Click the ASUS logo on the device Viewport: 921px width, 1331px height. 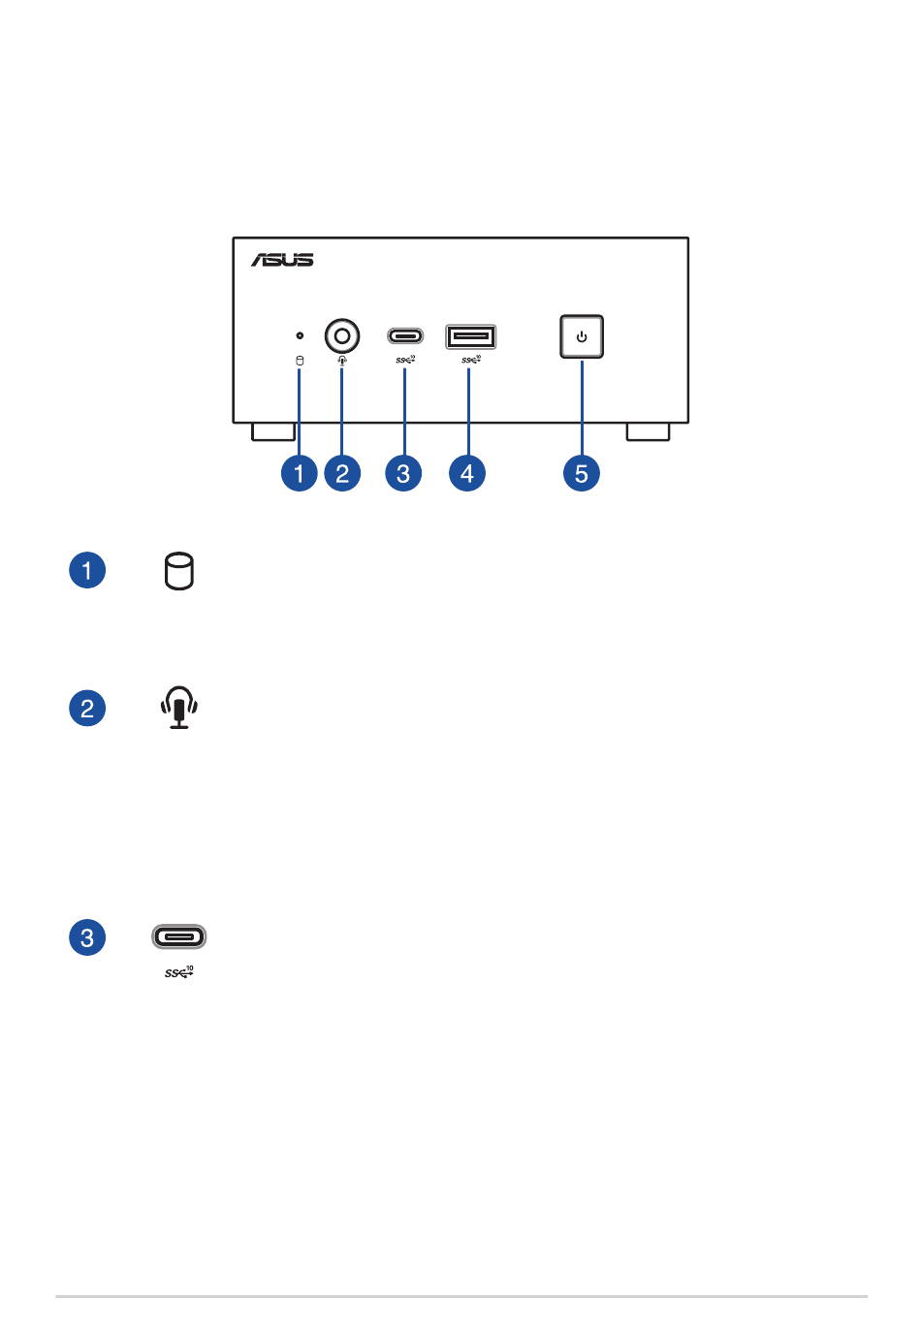pos(282,260)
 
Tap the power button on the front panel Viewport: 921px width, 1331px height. pos(582,336)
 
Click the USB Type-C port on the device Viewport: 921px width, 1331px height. pos(405,336)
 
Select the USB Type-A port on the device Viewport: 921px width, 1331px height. pos(470,336)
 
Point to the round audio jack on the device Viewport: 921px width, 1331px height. pos(341,335)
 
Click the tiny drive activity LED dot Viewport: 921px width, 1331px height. pos(300,335)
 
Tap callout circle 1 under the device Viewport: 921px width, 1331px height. pos(300,473)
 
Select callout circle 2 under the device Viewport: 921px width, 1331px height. pos(342,473)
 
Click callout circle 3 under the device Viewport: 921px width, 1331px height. pos(403,473)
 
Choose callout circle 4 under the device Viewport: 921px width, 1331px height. pos(467,473)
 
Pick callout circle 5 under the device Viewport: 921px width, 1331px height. pos(582,473)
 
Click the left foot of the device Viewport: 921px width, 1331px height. pos(273,431)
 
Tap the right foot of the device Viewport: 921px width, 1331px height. pos(648,431)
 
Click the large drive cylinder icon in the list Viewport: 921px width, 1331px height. pos(178,571)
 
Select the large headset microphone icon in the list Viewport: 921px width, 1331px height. pos(179,708)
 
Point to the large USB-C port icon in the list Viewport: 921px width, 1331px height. pos(179,936)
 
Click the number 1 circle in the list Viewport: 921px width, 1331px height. pos(87,570)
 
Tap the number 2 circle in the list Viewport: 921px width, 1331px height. pos(87,708)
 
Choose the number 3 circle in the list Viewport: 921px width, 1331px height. pos(87,937)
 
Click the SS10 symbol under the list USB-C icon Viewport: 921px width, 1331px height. pos(178,971)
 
